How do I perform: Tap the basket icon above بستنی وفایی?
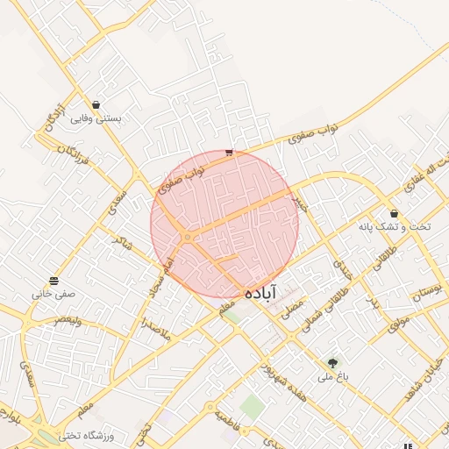coord(96,105)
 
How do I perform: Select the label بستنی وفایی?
coord(95,118)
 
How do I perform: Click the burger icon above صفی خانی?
coord(54,281)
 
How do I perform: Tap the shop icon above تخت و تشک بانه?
coord(394,213)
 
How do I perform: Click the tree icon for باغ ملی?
coord(332,362)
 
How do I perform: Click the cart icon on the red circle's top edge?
coord(229,152)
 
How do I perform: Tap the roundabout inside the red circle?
coord(187,238)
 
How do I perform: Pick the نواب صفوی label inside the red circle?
coord(182,180)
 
